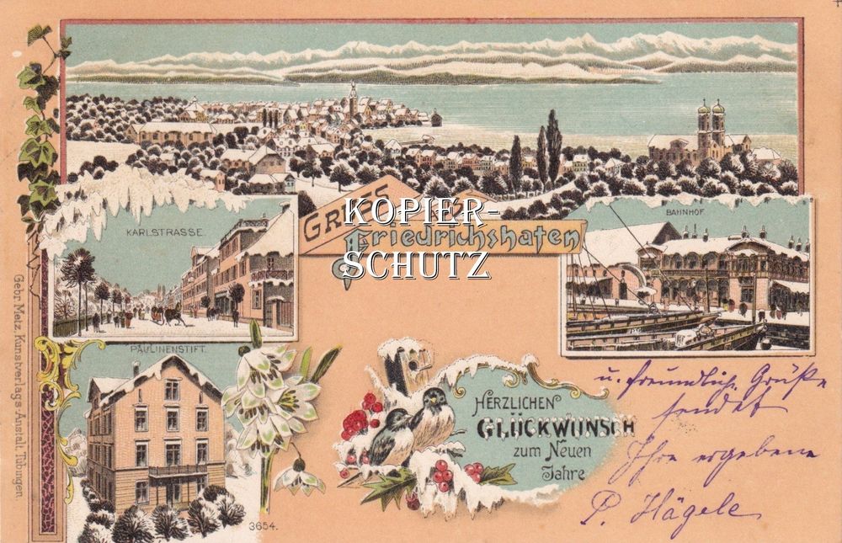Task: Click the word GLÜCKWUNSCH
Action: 556,428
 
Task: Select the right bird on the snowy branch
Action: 434,418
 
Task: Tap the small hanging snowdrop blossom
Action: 297,477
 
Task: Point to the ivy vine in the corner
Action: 39,126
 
